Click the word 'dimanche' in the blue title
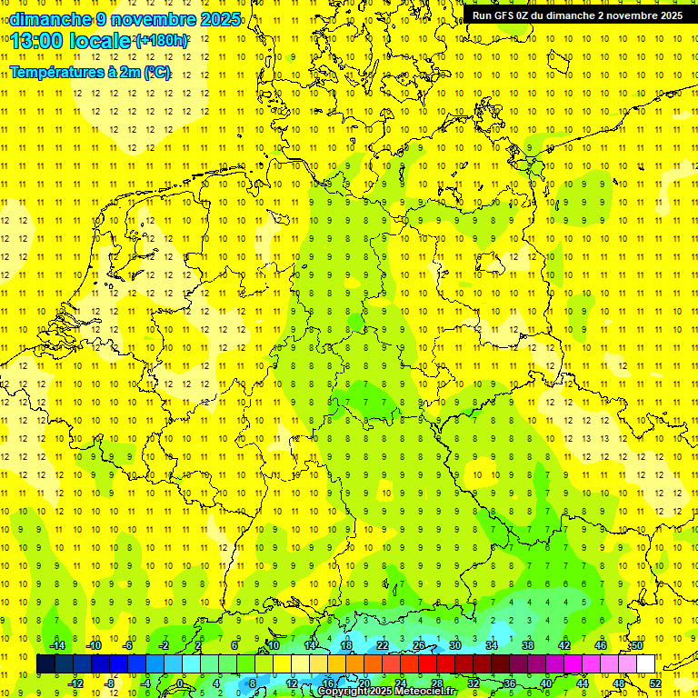tap(51, 19)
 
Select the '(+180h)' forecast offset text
tap(162, 41)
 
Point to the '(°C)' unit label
tap(157, 73)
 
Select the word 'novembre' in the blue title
tap(154, 19)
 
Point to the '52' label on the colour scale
tap(654, 683)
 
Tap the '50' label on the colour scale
tap(637, 645)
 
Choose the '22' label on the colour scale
tap(383, 645)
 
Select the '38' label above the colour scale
tap(528, 645)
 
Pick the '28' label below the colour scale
tap(437, 683)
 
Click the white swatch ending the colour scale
tap(645, 664)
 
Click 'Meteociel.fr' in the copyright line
tap(425, 692)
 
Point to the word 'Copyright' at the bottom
tap(343, 692)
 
